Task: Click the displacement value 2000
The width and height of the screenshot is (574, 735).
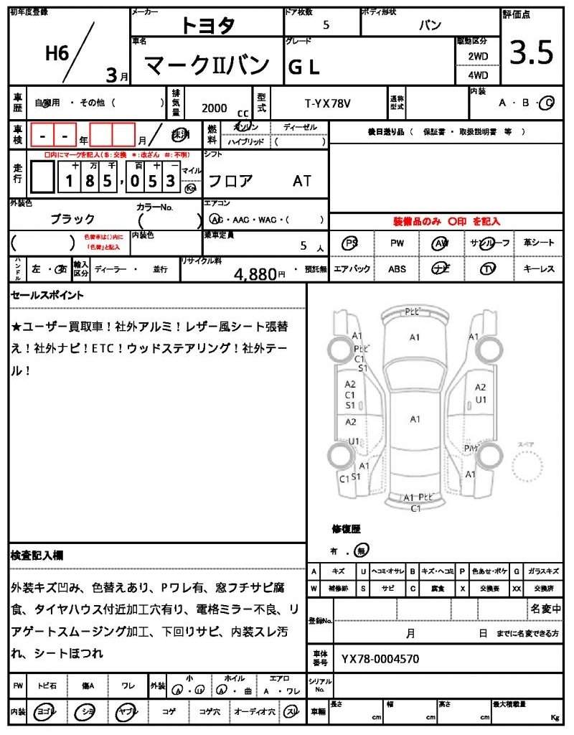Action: [214, 108]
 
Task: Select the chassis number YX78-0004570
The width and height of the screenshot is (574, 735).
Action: [380, 658]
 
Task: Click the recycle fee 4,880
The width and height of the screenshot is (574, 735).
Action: [256, 273]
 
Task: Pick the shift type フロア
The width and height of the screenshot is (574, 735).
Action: [230, 181]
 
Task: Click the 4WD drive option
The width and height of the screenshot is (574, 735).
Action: [478, 75]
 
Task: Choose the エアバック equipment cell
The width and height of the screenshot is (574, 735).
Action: [352, 269]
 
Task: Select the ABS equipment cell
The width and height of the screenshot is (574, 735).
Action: [397, 269]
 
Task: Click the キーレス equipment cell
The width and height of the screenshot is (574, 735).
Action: [539, 269]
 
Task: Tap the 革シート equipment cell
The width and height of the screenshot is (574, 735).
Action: [539, 243]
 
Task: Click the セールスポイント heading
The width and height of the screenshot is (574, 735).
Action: [47, 295]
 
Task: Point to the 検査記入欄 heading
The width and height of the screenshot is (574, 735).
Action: [37, 555]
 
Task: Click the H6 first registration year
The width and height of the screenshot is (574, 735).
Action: [57, 52]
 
